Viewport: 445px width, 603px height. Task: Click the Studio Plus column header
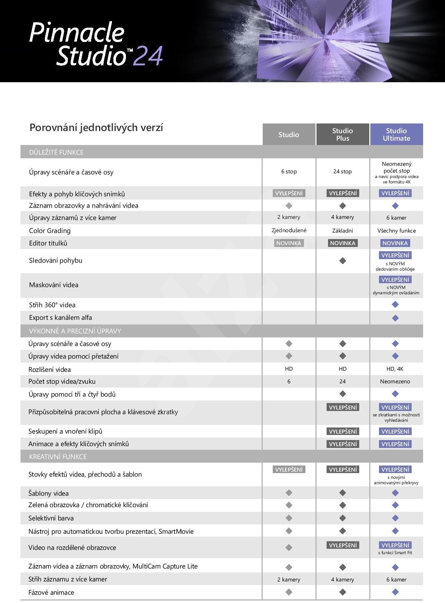342,135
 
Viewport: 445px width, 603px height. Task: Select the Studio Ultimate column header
396,135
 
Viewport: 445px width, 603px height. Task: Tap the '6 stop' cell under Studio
289,172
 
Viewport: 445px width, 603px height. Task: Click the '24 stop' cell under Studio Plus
342,172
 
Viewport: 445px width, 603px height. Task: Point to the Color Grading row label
50,230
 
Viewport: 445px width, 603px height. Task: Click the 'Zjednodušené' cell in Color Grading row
289,230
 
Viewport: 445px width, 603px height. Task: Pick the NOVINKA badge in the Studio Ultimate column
395,243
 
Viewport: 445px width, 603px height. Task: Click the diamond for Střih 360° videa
395,305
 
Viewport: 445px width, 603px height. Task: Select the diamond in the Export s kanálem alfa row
395,318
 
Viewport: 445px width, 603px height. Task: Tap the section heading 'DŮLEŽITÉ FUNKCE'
56,152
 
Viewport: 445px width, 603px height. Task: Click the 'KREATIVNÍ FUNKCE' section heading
58,457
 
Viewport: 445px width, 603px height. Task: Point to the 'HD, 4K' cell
395,369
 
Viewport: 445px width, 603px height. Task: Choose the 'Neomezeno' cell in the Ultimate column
395,382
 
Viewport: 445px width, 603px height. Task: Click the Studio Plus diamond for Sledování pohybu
343,261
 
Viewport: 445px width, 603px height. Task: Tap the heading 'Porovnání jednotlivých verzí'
96,127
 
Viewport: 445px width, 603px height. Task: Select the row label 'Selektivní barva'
51,518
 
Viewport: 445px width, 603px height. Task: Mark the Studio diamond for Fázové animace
289,592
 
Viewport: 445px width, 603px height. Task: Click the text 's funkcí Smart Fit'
395,553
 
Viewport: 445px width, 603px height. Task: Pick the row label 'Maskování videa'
54,285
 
